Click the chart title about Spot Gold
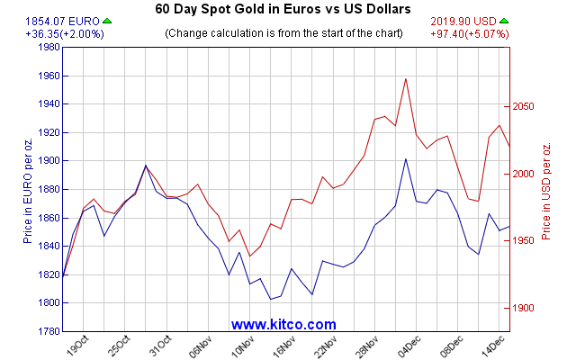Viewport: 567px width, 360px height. tap(283, 9)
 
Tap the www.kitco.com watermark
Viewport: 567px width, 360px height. tap(283, 324)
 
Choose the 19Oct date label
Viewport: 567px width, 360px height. tap(78, 346)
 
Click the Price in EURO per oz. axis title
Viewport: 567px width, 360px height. tap(28, 189)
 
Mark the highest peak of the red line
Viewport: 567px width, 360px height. tap(406, 78)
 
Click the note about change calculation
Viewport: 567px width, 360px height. tap(283, 33)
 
